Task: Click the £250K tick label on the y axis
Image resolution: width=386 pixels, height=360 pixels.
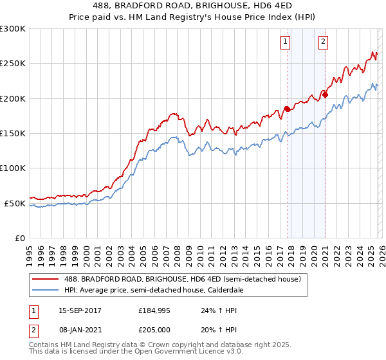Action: tap(13, 64)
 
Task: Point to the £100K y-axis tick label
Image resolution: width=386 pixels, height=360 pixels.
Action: tap(13, 168)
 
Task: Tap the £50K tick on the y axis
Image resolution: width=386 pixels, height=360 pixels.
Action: tap(15, 203)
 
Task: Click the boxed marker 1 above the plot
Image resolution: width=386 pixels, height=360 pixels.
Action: tap(285, 42)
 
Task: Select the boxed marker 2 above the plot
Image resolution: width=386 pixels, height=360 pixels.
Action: tap(323, 42)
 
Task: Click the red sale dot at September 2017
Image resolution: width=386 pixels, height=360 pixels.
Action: tap(287, 109)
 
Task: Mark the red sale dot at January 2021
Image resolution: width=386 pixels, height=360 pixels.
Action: tap(325, 95)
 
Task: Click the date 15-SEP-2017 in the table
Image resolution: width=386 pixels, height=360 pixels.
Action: tap(80, 310)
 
